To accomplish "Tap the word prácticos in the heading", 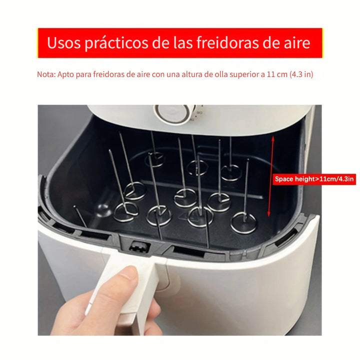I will tap(119, 42).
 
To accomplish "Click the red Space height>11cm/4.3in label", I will tap(314, 178).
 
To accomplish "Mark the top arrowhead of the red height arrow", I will tap(272, 138).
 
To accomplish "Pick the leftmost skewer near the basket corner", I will tap(80, 216).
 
